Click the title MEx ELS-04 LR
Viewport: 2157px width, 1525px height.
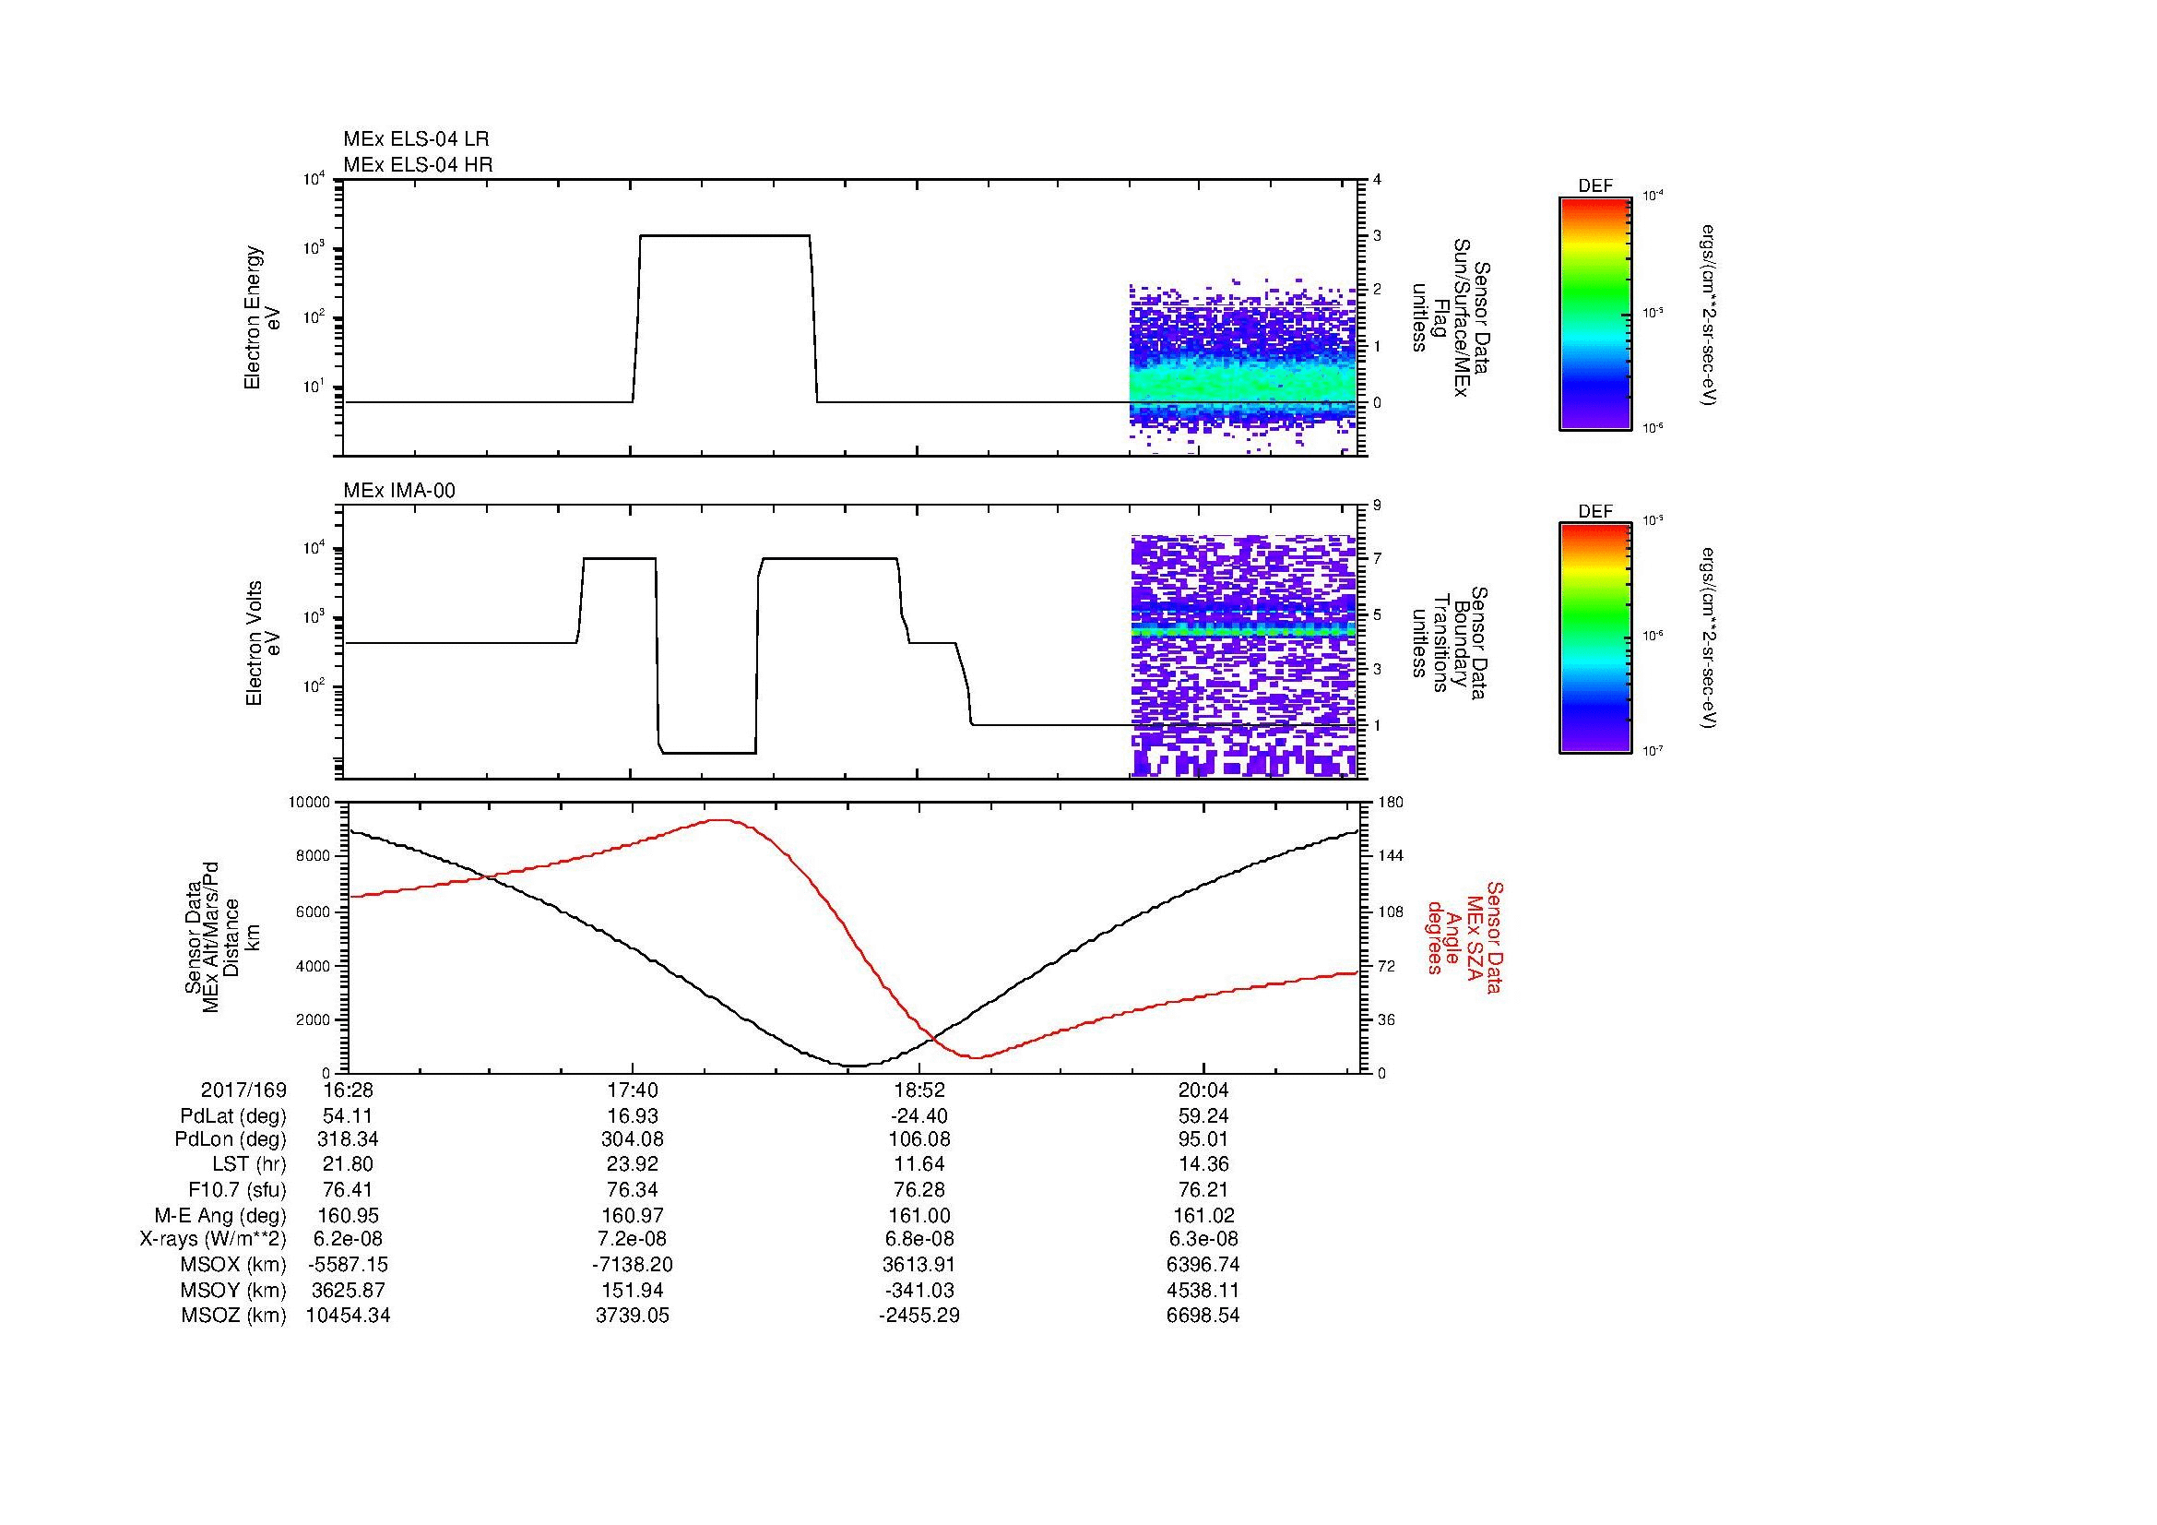pyautogui.click(x=415, y=139)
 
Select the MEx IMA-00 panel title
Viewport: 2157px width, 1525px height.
pyautogui.click(x=398, y=491)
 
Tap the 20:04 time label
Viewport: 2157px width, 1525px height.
pyautogui.click(x=1203, y=1090)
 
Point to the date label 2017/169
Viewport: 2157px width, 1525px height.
pyautogui.click(x=243, y=1090)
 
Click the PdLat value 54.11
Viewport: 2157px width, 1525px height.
pyautogui.click(x=348, y=1116)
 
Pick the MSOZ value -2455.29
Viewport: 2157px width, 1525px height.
pyautogui.click(x=919, y=1316)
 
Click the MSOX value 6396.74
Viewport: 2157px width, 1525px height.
pyautogui.click(x=1203, y=1265)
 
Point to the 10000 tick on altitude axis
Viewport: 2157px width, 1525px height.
pyautogui.click(x=309, y=803)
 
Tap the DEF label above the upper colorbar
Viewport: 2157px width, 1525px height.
pyautogui.click(x=1594, y=186)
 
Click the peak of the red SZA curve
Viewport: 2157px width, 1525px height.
pyautogui.click(x=719, y=820)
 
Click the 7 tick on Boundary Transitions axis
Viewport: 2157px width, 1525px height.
pyautogui.click(x=1378, y=559)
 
